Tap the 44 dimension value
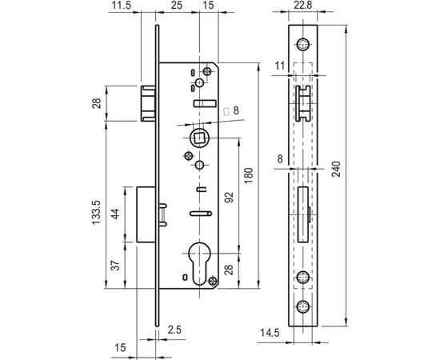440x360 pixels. pos(114,214)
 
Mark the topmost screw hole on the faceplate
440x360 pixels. pos(304,45)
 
